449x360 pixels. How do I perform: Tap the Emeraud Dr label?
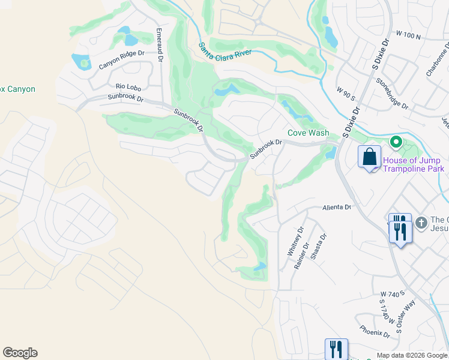pyautogui.click(x=160, y=45)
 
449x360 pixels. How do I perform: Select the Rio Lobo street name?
pyautogui.click(x=128, y=86)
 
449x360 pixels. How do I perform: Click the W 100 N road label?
pyautogui.click(x=409, y=36)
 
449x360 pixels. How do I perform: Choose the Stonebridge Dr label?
pyautogui.click(x=391, y=94)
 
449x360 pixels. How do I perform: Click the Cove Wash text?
pyautogui.click(x=308, y=133)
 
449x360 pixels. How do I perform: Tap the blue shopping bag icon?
pyautogui.click(x=370, y=157)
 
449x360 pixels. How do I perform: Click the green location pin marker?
pyautogui.click(x=396, y=142)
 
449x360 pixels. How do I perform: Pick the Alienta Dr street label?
pyautogui.click(x=336, y=206)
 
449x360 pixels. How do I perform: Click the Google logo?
pyautogui.click(x=20, y=353)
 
